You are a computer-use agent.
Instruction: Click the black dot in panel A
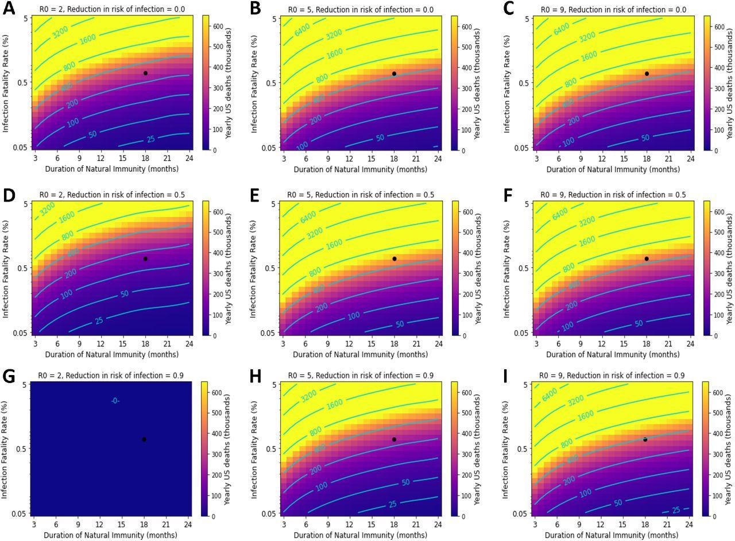(145, 73)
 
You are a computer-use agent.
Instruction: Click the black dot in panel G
(144, 439)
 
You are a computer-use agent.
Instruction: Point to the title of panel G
(111, 376)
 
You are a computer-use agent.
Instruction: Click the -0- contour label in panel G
(115, 401)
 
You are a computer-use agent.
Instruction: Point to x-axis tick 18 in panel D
(145, 343)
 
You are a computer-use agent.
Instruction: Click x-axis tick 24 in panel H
(438, 524)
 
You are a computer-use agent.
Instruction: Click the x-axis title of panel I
(612, 535)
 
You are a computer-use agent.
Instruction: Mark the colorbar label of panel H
(477, 448)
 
